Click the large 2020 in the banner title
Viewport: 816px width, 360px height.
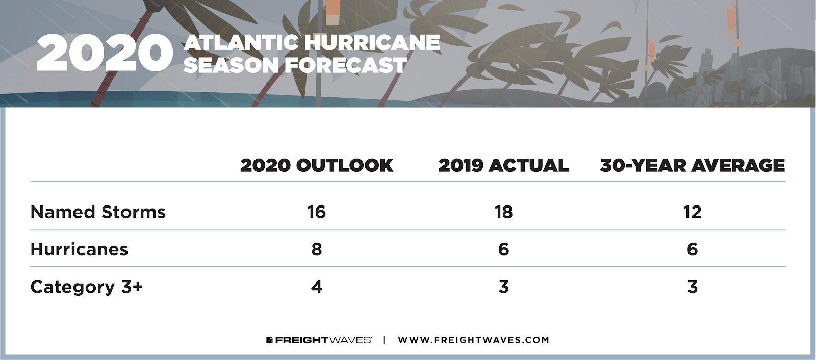[105, 53]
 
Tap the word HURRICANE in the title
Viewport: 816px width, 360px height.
[372, 42]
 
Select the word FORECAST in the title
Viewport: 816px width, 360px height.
[345, 65]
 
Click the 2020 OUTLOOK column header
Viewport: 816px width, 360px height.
[317, 165]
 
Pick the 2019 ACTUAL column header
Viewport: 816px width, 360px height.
[503, 165]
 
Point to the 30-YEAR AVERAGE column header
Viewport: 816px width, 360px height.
[692, 165]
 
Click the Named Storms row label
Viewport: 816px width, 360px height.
[98, 212]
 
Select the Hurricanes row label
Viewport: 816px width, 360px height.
[79, 249]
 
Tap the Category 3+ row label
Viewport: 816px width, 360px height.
[86, 287]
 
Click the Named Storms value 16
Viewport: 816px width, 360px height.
[316, 212]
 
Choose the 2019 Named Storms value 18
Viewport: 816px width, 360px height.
[503, 212]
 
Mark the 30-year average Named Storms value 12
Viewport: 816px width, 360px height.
[692, 212]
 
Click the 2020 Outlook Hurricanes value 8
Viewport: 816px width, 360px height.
[317, 249]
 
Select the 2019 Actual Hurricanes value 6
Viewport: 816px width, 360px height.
[503, 249]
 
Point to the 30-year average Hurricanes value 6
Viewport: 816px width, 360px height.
[692, 249]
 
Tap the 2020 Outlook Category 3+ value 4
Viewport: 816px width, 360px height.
[317, 287]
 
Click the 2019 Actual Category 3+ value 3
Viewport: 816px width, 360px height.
[503, 287]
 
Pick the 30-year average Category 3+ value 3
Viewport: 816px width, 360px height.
[692, 287]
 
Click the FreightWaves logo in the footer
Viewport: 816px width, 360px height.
[319, 340]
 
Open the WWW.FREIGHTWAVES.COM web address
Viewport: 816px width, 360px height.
[473, 340]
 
